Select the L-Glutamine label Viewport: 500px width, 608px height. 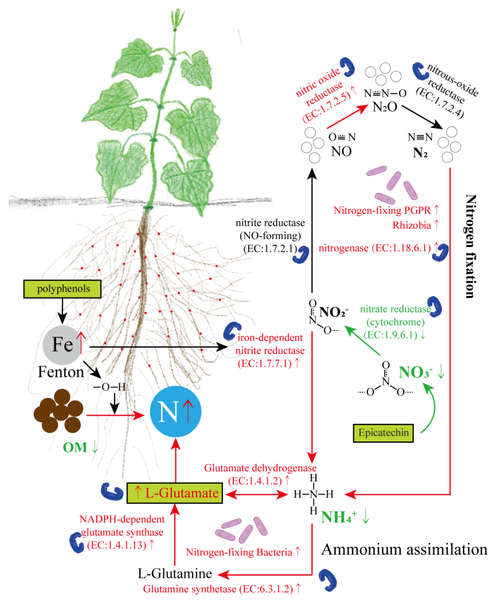coord(175,575)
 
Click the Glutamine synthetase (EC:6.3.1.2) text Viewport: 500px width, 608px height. coord(222,589)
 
